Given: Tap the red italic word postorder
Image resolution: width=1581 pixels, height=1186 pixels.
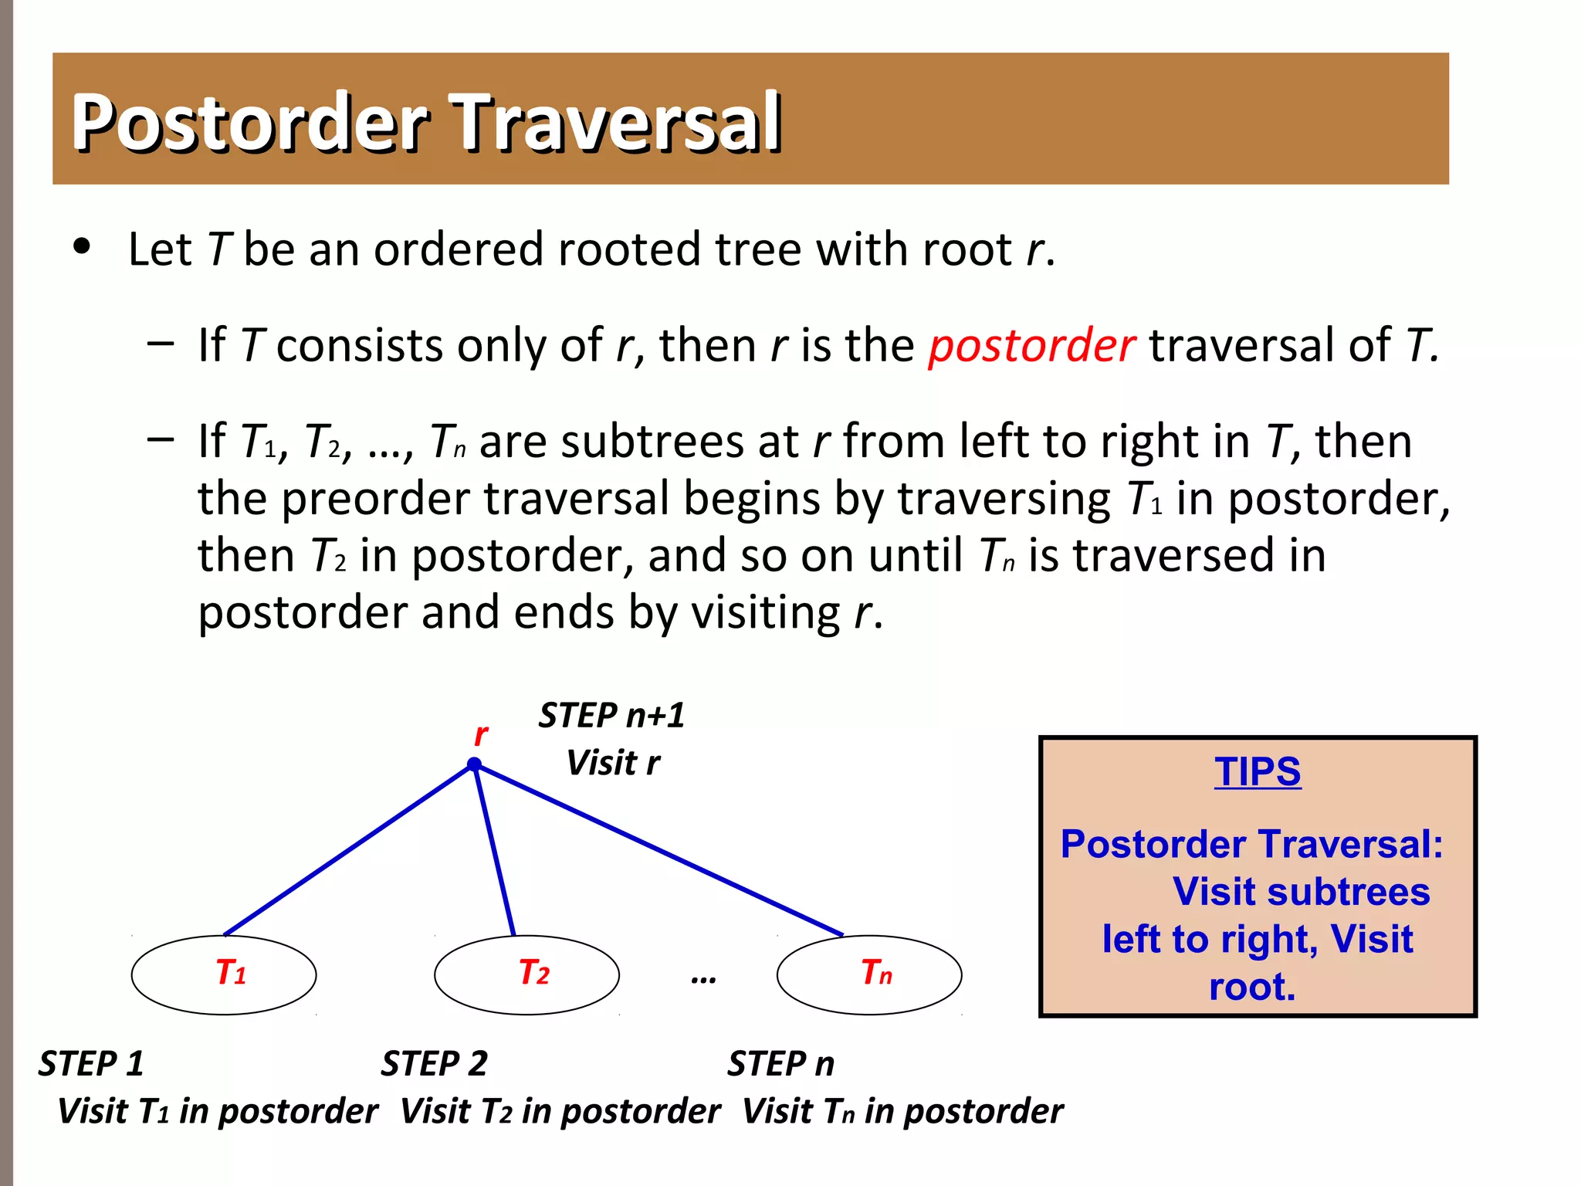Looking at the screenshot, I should pyautogui.click(x=1031, y=345).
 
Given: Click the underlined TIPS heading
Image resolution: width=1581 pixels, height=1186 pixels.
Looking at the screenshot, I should pyautogui.click(x=1258, y=771).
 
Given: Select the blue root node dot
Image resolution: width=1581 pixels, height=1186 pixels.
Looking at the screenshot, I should pyautogui.click(x=474, y=765).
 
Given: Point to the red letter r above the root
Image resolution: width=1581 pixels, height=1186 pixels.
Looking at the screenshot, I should pyautogui.click(x=480, y=734).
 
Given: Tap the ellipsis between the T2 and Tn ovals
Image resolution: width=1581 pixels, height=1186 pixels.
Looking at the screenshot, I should pyautogui.click(x=703, y=979).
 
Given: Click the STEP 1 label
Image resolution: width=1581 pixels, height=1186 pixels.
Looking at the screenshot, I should pyautogui.click(x=91, y=1064).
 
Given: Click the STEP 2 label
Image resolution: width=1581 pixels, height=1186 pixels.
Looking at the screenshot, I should pyautogui.click(x=434, y=1064).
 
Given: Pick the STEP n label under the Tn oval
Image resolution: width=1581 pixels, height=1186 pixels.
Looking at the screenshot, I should pyautogui.click(x=780, y=1064).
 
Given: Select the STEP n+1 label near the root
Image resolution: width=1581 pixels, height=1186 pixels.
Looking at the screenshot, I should pyautogui.click(x=611, y=715).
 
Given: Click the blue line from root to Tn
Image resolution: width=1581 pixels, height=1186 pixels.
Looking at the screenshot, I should pyautogui.click(x=658, y=850).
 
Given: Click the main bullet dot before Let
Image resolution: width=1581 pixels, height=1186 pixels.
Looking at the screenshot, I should pyautogui.click(x=82, y=247).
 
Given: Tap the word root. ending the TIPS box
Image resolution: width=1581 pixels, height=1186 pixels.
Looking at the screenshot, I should pyautogui.click(x=1251, y=988).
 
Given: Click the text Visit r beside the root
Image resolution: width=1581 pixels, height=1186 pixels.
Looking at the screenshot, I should pyautogui.click(x=613, y=763).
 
